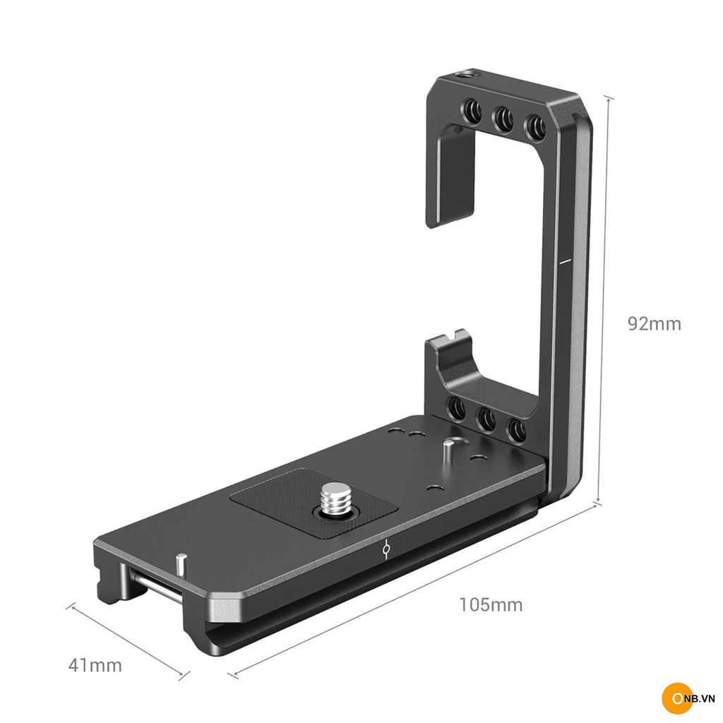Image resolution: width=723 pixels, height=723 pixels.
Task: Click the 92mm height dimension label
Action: [x=654, y=323]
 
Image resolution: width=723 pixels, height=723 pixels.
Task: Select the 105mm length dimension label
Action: [x=491, y=604]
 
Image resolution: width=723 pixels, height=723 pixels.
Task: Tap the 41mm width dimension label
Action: [x=95, y=665]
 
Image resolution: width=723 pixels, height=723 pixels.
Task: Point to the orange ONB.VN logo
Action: [x=688, y=699]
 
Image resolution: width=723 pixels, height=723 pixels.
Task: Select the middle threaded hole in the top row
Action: [x=503, y=119]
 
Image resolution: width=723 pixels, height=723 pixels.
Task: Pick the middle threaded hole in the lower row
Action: [x=486, y=419]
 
